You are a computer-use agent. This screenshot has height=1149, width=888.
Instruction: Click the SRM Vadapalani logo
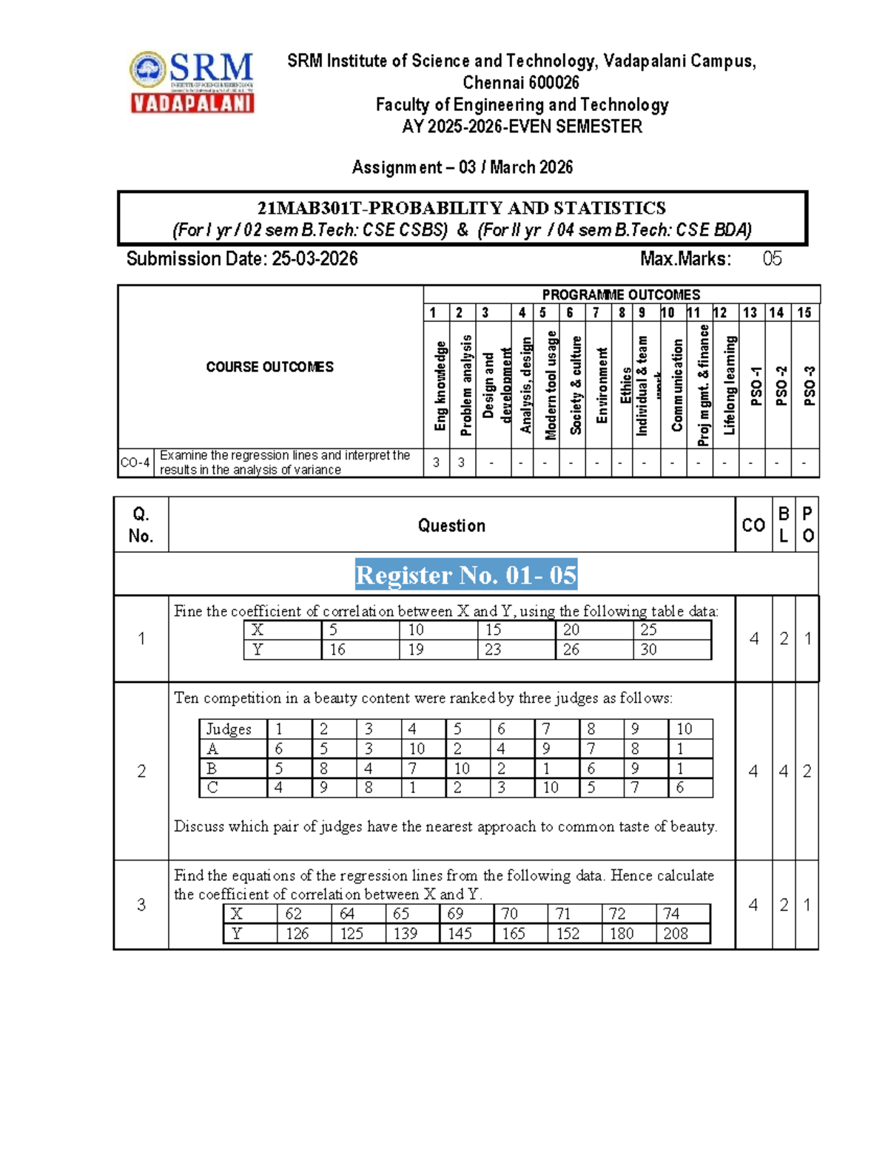pyautogui.click(x=192, y=82)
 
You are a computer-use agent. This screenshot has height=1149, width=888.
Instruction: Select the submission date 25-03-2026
pyautogui.click(x=314, y=259)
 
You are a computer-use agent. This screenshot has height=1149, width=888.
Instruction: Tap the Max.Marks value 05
pyautogui.click(x=772, y=259)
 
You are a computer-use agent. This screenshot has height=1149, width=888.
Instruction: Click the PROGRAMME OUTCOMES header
pyautogui.click(x=621, y=294)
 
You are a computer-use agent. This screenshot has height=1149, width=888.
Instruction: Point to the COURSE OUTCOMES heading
pyautogui.click(x=269, y=367)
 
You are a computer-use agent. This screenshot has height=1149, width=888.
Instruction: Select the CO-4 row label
pyautogui.click(x=135, y=463)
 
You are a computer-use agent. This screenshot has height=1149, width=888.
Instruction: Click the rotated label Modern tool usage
pyautogui.click(x=551, y=385)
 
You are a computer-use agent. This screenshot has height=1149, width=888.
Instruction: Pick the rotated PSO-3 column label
pyautogui.click(x=810, y=385)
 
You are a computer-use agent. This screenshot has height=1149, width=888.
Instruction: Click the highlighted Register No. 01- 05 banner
pyautogui.click(x=465, y=575)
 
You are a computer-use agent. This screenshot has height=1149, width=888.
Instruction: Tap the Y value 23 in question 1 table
pyautogui.click(x=493, y=650)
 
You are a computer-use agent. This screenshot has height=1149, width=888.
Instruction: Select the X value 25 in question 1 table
pyautogui.click(x=648, y=630)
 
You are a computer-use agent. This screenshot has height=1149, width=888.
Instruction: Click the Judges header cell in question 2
pyautogui.click(x=229, y=730)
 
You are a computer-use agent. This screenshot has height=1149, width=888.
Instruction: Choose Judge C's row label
pyautogui.click(x=212, y=788)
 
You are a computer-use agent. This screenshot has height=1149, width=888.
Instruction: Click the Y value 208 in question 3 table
pyautogui.click(x=676, y=934)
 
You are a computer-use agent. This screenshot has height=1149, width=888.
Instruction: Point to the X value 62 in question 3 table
pyautogui.click(x=293, y=914)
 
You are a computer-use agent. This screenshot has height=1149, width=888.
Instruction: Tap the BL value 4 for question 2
pyautogui.click(x=783, y=772)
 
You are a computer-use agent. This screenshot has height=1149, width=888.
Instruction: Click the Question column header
pyautogui.click(x=451, y=526)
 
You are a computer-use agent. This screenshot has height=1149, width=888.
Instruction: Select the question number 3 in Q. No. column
pyautogui.click(x=141, y=905)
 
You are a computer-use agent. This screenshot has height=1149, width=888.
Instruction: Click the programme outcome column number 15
pyautogui.click(x=804, y=313)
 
